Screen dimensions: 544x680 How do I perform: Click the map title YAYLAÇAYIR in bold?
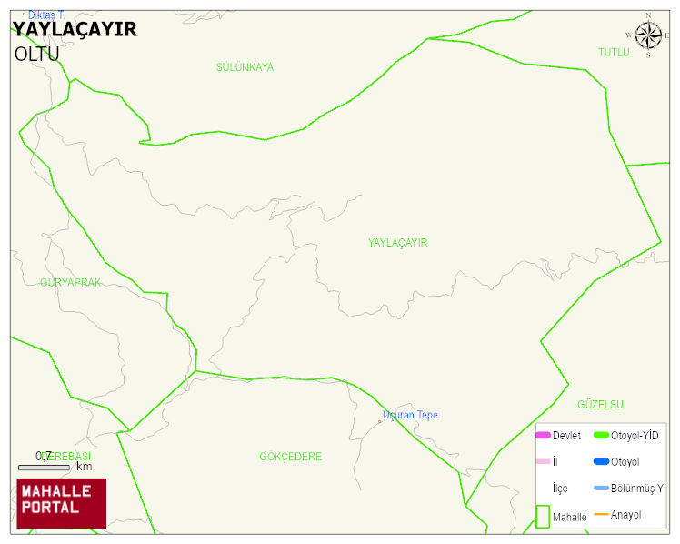[x=75, y=29]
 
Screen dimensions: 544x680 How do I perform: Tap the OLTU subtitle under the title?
[x=36, y=54]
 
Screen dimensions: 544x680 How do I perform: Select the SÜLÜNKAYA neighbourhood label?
[x=245, y=67]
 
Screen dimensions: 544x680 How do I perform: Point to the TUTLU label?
[x=614, y=53]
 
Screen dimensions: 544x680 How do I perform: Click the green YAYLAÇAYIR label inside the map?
[x=397, y=243]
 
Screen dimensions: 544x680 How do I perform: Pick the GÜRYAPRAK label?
[x=70, y=283]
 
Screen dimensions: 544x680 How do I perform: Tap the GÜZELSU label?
[x=600, y=404]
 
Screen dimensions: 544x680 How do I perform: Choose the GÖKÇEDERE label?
[x=290, y=457]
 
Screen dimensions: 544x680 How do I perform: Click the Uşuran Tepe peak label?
[x=410, y=415]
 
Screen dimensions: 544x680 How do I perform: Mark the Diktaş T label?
[x=45, y=15]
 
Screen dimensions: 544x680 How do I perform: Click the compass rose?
[x=648, y=35]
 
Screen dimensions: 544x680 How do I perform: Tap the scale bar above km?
[x=44, y=468]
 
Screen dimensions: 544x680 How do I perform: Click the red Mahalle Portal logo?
[x=61, y=503]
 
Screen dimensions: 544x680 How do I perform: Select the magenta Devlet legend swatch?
[x=543, y=436]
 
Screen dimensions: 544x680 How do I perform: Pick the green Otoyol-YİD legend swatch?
[x=601, y=436]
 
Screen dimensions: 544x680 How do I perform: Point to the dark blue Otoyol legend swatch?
[x=601, y=462]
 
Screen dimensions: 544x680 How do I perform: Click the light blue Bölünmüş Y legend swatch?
[x=601, y=489]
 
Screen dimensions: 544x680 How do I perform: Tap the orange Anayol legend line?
[x=601, y=515]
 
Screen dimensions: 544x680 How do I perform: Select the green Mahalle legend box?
[x=543, y=516]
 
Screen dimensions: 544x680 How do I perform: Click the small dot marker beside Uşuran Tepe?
[x=380, y=421]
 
